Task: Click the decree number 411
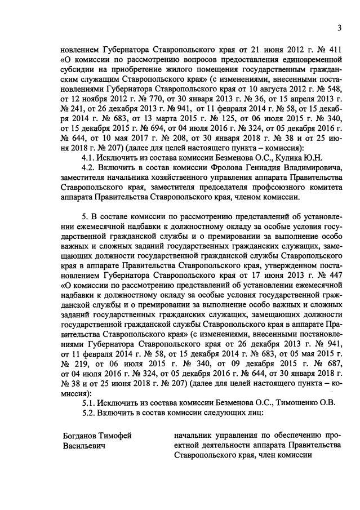click(334, 49)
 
